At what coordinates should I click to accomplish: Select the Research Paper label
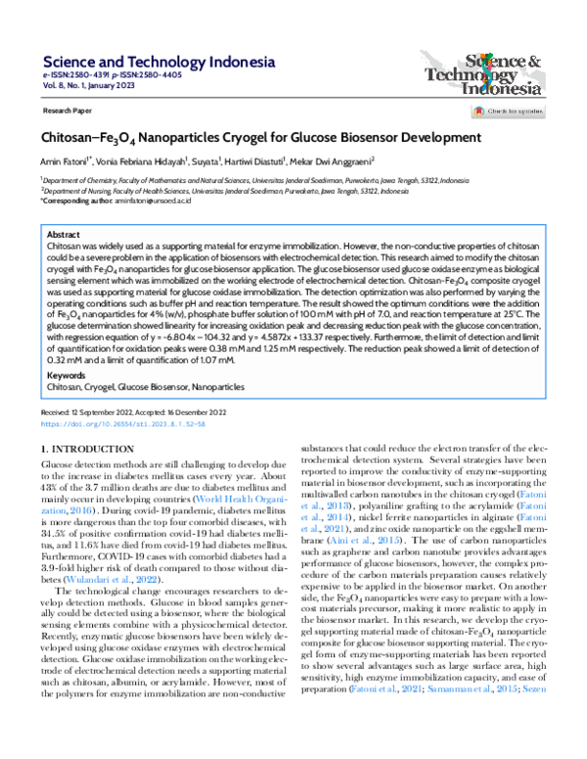[x=68, y=112]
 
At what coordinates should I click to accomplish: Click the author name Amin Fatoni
[x=68, y=159]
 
